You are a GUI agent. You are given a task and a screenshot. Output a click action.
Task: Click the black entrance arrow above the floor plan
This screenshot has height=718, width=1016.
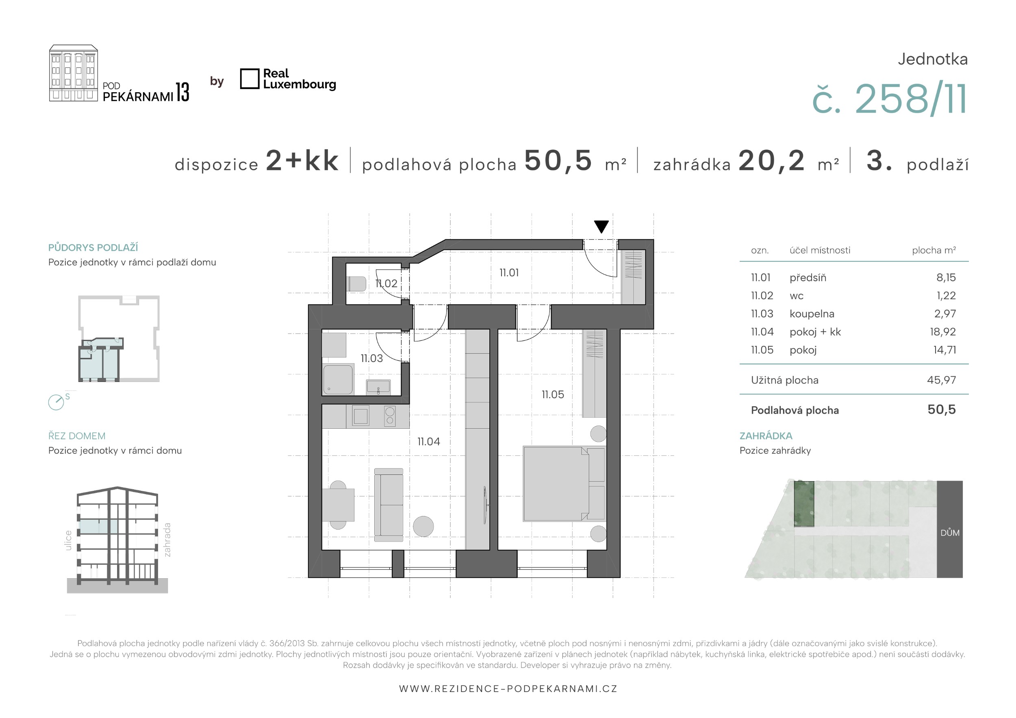coord(601,226)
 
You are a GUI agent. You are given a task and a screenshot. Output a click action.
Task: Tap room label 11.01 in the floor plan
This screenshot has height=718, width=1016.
coord(509,273)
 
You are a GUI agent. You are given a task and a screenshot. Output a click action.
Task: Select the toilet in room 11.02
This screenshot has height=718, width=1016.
coord(357,284)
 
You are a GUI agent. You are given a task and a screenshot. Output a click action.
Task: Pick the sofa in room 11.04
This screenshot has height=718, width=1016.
coord(389,505)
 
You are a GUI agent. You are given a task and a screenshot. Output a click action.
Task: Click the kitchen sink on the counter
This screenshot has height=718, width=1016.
coord(360,416)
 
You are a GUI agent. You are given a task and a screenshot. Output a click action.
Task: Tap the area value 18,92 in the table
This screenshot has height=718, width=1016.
coord(942,332)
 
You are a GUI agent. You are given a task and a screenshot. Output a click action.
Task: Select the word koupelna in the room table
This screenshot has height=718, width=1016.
coord(812,314)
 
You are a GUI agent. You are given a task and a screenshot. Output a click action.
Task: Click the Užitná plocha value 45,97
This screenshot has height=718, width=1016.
coord(941,380)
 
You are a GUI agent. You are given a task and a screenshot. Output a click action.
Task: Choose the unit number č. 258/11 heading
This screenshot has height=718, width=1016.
coord(890,99)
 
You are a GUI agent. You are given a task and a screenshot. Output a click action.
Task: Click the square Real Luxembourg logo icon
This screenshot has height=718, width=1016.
coord(250,79)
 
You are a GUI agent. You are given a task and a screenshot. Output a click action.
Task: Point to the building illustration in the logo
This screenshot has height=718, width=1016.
coord(74,73)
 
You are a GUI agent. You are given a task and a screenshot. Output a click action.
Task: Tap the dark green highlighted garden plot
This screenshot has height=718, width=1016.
coord(803,504)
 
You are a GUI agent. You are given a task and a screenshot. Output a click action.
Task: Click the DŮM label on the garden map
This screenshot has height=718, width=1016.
coord(950,533)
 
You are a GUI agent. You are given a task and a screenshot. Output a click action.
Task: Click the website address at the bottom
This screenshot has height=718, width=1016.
coord(508,689)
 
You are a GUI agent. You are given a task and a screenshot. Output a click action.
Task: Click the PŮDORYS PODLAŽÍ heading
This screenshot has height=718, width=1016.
coord(93,247)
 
